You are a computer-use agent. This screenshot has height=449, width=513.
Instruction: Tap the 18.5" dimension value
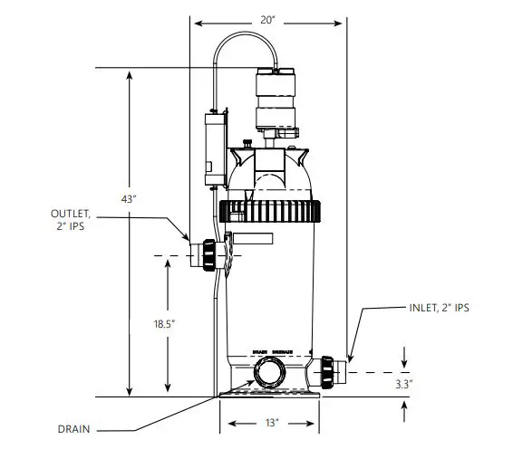pyautogui.click(x=166, y=321)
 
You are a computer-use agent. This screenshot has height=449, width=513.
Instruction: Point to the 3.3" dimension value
pyautogui.click(x=403, y=384)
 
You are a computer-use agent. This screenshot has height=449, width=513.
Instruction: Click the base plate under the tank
pyautogui.click(x=269, y=392)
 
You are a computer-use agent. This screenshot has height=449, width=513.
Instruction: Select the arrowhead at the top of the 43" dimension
pyautogui.click(x=130, y=73)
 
